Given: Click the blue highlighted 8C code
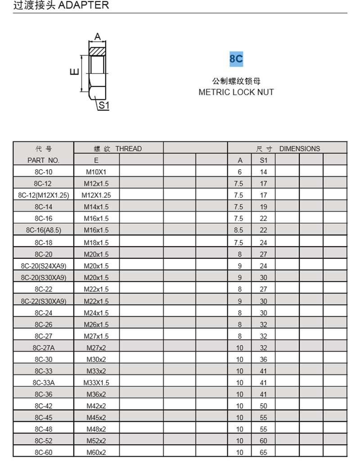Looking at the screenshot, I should click(236, 59).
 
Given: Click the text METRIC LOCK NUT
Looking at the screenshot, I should click(236, 92).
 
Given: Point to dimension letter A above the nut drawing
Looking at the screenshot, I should click(97, 36).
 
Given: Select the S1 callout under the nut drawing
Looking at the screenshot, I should click(104, 106).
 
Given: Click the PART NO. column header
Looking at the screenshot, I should click(43, 160).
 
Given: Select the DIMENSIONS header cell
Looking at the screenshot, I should click(288, 149).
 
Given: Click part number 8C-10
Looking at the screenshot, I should click(43, 172).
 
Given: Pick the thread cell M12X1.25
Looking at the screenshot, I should click(96, 195).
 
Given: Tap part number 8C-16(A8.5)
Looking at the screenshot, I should click(43, 230).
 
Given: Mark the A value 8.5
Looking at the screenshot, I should click(239, 230).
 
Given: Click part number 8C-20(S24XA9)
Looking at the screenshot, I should click(43, 266).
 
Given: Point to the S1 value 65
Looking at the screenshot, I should click(263, 453).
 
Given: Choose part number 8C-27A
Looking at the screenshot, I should click(43, 348).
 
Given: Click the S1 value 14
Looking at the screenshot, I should click(263, 172).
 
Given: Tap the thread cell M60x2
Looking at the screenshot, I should click(96, 453).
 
